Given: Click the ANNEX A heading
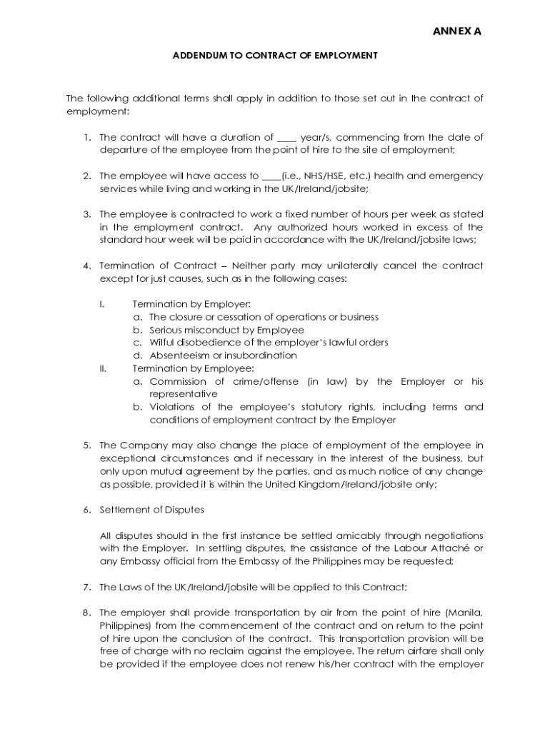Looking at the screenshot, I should pyautogui.click(x=458, y=31).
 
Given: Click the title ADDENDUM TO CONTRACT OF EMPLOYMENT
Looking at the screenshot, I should pyautogui.click(x=275, y=55).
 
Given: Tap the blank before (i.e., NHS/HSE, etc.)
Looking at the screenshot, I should pyautogui.click(x=271, y=176).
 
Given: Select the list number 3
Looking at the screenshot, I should pyautogui.click(x=86, y=214).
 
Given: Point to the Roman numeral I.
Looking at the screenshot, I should pyautogui.click(x=101, y=304).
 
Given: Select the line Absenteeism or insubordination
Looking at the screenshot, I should pyautogui.click(x=223, y=356).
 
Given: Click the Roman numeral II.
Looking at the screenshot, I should pyautogui.click(x=103, y=368).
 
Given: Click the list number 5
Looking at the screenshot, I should pyautogui.click(x=86, y=445).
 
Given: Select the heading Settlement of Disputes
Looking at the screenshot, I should pyautogui.click(x=151, y=510).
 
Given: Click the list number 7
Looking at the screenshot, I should pyautogui.click(x=86, y=587).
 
